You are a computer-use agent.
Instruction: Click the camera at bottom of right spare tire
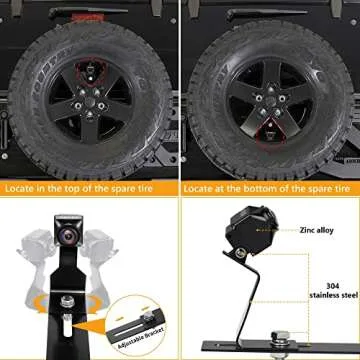pyautogui.click(x=267, y=128)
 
